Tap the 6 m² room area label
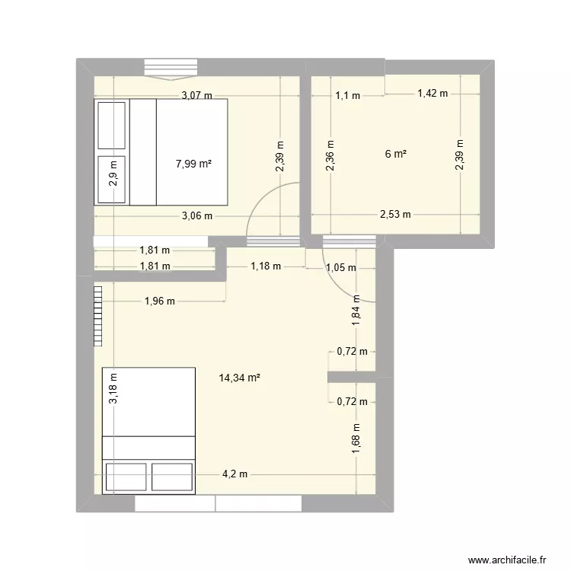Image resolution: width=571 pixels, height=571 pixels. click(x=395, y=153)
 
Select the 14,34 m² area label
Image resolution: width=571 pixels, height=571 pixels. click(x=239, y=376)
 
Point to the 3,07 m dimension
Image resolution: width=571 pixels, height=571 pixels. click(x=196, y=95)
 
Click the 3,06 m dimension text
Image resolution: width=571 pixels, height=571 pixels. click(x=196, y=215)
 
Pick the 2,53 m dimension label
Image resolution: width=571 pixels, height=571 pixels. click(x=395, y=214)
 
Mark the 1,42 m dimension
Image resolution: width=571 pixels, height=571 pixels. click(x=432, y=94)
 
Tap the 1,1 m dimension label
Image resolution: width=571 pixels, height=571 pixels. click(x=347, y=95)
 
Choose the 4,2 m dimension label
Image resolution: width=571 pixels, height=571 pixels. click(x=234, y=474)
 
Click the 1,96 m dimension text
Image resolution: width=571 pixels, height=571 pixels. click(x=159, y=301)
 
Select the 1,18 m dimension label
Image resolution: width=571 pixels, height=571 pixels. click(x=266, y=266)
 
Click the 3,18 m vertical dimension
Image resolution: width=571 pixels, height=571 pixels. click(x=113, y=393)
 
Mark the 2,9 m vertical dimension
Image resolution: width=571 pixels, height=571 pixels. click(x=113, y=174)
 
